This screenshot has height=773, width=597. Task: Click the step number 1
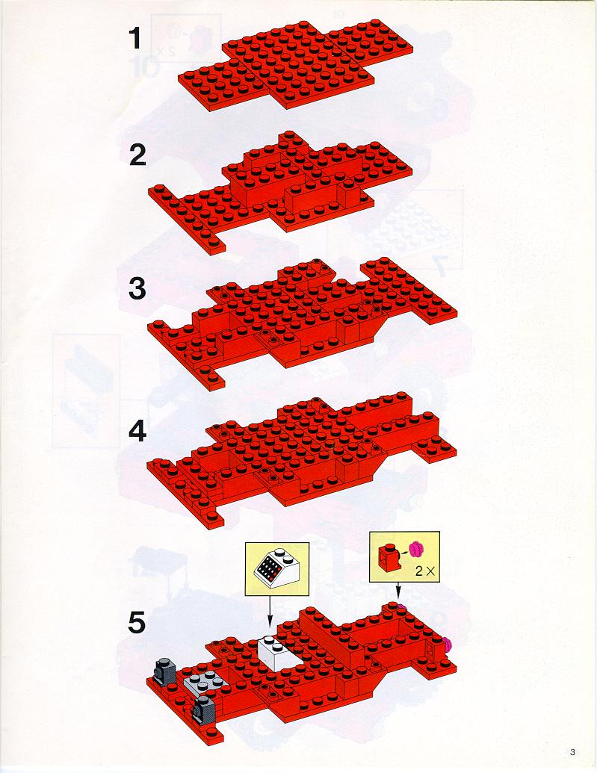coord(135,39)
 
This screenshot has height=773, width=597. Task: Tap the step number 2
coord(137,156)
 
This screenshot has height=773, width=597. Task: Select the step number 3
coord(137,289)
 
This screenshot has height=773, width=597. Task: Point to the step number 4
coord(137,432)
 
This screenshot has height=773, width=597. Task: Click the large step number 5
coord(137,622)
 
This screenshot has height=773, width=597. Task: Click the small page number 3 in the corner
coord(572,752)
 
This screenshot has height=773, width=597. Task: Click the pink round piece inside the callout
coord(418,547)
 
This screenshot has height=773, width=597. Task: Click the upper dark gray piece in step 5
coord(164,671)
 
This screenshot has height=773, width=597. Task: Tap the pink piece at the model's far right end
coord(447,643)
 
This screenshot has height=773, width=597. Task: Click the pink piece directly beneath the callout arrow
coord(399,606)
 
